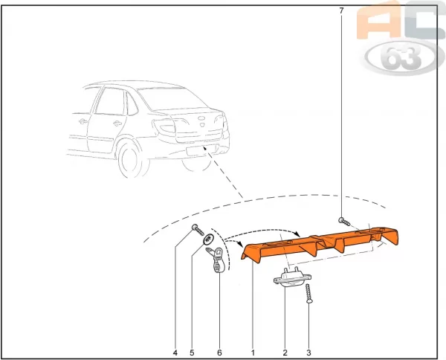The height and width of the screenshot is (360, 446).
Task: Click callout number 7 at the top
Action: click(341, 11)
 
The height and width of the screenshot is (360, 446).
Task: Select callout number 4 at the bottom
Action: click(175, 353)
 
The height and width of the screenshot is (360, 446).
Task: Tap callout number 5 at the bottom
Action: click(192, 353)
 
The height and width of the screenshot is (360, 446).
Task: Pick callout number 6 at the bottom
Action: click(219, 353)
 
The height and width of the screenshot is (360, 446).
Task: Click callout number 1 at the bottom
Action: click(253, 353)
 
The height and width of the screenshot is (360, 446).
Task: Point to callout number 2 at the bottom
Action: click(285, 353)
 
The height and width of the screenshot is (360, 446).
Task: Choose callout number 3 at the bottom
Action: click(309, 353)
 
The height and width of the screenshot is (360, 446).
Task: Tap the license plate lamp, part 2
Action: click(292, 277)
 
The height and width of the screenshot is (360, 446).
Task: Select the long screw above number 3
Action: click(308, 293)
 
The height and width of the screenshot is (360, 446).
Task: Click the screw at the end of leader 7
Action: click(344, 222)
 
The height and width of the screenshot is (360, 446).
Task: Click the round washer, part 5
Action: click(208, 239)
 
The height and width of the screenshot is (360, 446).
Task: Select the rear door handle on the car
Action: click(117, 123)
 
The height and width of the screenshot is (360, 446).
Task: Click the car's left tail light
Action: click(164, 126)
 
